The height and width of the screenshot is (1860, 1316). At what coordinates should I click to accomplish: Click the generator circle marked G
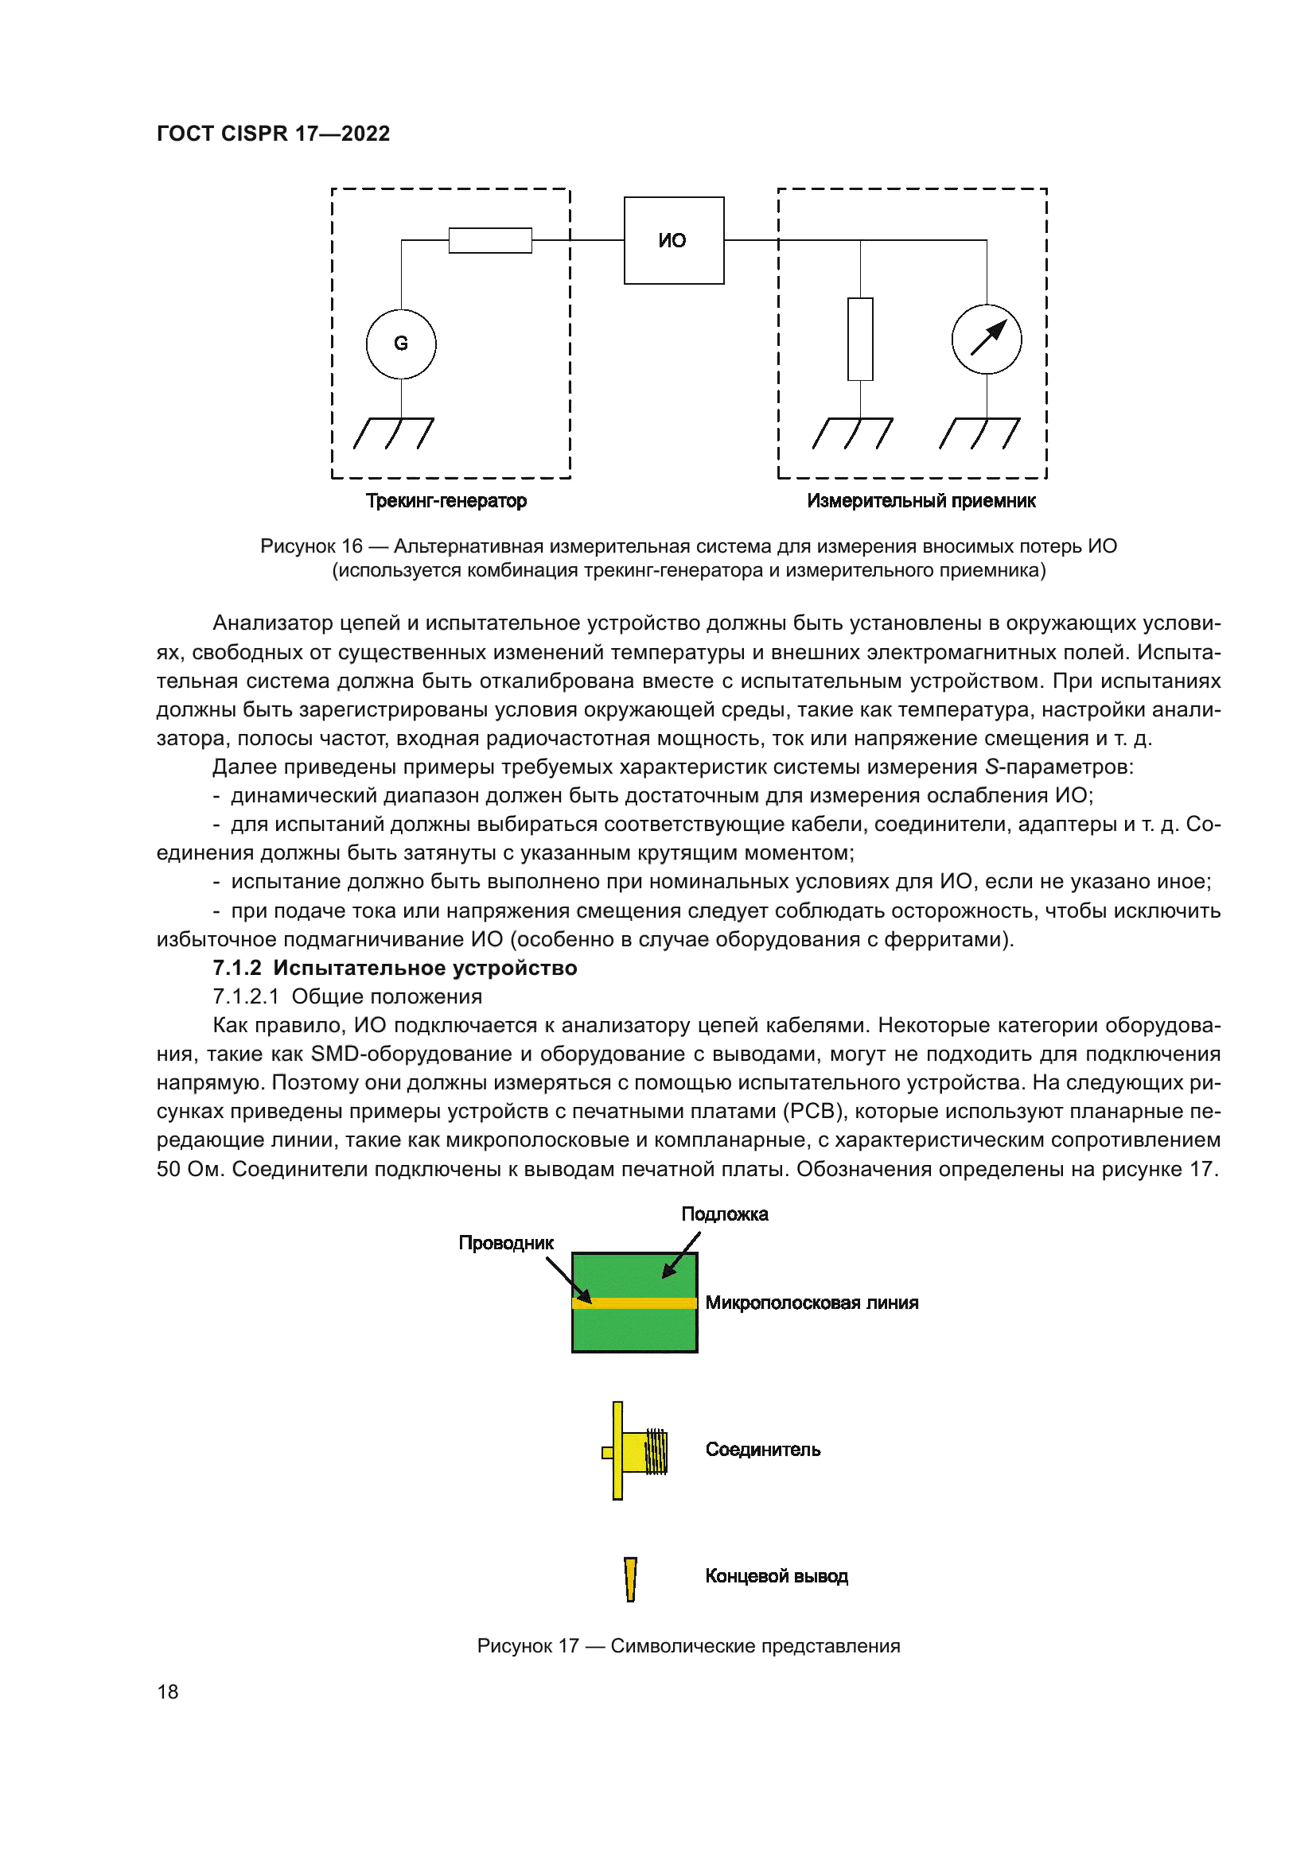401,344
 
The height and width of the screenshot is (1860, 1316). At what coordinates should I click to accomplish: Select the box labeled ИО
673,241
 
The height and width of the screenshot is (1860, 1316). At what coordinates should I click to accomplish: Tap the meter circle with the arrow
986,340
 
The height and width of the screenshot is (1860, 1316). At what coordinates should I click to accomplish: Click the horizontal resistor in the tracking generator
490,241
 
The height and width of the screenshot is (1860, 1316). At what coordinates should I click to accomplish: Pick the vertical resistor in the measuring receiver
861,340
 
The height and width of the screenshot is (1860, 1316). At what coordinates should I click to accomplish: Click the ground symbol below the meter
979,433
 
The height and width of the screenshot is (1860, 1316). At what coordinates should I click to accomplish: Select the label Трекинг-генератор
446,501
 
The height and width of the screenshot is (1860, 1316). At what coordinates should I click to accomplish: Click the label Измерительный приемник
921,501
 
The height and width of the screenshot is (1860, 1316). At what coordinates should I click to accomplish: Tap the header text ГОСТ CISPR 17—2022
273,134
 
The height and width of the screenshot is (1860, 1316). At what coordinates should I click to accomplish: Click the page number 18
168,1691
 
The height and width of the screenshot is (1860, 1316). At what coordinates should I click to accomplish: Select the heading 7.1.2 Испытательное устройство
395,968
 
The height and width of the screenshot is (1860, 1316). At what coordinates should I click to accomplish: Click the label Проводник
506,1243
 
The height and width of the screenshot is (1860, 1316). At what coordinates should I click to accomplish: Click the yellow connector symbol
637,1451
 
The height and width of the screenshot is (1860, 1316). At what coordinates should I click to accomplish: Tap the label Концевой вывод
777,1575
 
